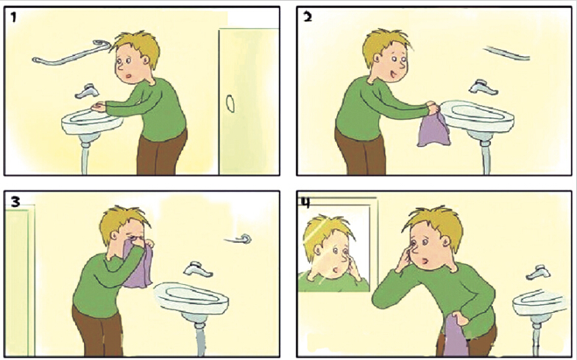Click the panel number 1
[13, 17]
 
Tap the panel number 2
[308, 16]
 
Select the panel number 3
[15, 202]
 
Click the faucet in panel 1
[87, 91]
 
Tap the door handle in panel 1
[230, 103]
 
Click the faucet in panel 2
[483, 88]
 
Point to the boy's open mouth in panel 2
[393, 75]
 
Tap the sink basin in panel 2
[477, 116]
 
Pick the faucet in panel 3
[197, 269]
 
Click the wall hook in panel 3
[238, 239]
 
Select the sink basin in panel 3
[191, 298]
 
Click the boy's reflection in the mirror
[333, 254]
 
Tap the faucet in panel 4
[539, 272]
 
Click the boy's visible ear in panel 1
[147, 60]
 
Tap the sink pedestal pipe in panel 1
[85, 156]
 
